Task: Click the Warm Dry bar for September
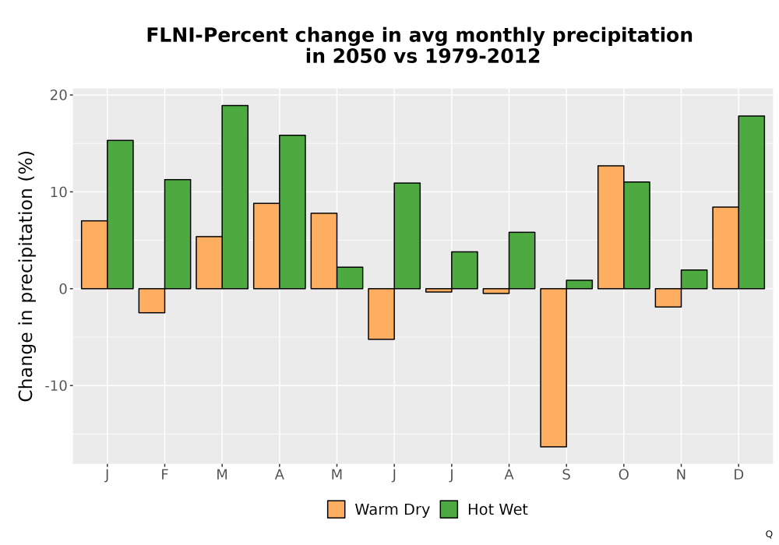pos(553,367)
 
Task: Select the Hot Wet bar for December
pos(751,202)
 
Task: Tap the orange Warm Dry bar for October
pos(611,227)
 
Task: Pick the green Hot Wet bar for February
pos(178,234)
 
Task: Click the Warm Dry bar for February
pos(152,301)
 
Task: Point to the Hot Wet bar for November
pos(694,279)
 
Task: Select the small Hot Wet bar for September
pos(580,284)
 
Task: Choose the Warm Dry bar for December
pos(725,248)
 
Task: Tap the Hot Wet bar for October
pos(636,235)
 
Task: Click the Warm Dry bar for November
pos(668,298)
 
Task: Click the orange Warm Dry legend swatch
pos(337,509)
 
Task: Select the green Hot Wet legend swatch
pos(449,509)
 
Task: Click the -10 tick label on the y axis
pos(56,385)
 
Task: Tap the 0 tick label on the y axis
pos(63,289)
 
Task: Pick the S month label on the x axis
pos(566,475)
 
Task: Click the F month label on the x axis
pos(164,475)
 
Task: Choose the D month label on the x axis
pos(738,475)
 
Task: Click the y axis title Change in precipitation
pos(26,276)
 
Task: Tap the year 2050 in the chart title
pos(358,56)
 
